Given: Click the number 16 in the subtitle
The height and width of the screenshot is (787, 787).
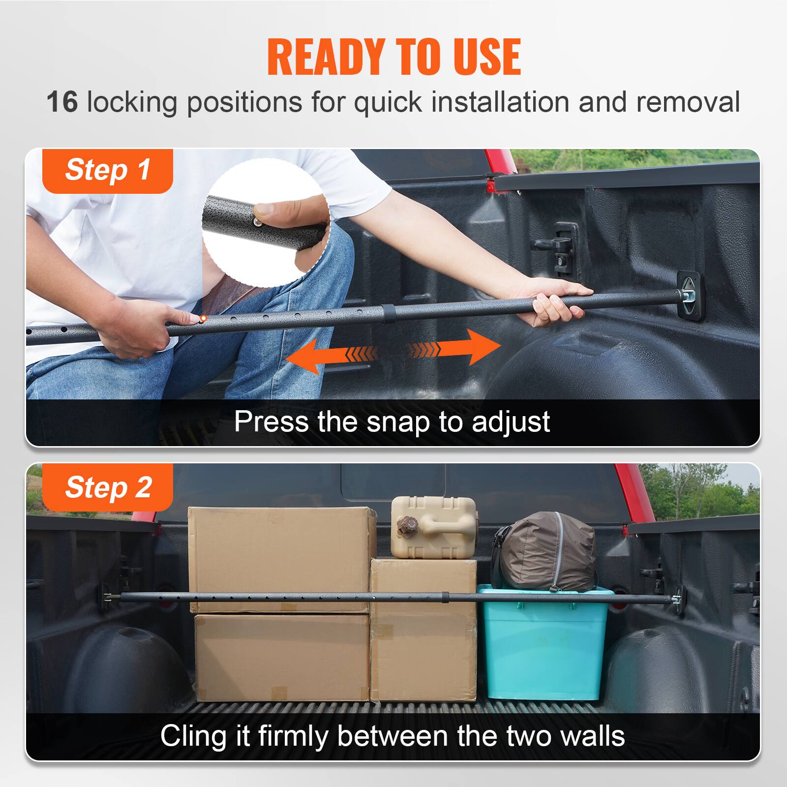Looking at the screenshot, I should pos(62,102).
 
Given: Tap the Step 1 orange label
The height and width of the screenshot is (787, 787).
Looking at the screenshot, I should pos(108,170).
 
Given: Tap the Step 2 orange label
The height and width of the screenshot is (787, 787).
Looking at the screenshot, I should pos(108,487).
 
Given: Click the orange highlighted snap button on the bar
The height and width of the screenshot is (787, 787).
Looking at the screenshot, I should pos(203,319).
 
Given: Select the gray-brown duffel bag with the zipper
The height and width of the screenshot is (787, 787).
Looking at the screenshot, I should pos(546,551).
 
